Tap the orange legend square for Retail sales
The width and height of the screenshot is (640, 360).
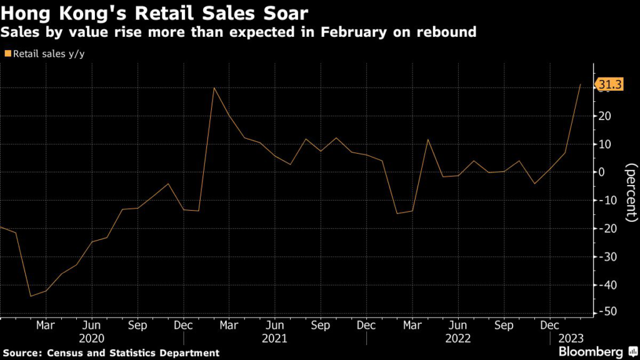pyautogui.click(x=7, y=54)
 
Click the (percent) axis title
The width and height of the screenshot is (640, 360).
pyautogui.click(x=630, y=193)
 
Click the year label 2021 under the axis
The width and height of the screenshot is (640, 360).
pyautogui.click(x=275, y=338)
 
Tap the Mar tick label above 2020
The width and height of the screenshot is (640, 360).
pyautogui.click(x=46, y=326)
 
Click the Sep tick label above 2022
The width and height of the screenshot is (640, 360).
pyautogui.click(x=504, y=326)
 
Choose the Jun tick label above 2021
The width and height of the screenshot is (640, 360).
pyautogui.click(x=275, y=326)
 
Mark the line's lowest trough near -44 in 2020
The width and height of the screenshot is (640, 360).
pyautogui.click(x=31, y=296)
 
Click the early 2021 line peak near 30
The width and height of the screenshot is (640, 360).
pyautogui.click(x=214, y=87)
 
